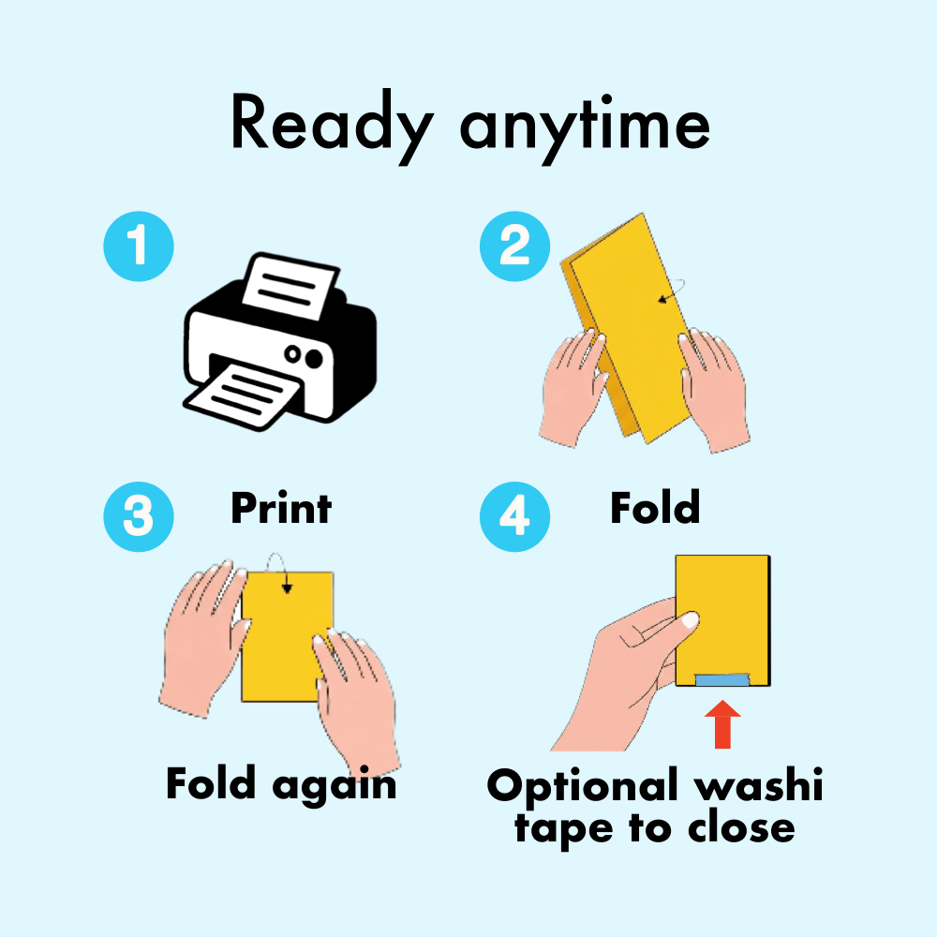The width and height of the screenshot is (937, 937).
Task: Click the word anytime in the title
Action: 585,128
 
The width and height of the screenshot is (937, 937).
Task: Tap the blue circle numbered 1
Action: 139,246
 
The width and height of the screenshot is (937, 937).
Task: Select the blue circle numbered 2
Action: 514,246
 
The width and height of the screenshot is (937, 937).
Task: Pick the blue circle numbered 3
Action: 139,517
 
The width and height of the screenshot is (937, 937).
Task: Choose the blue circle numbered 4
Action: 514,517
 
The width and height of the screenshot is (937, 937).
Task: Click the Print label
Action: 281,508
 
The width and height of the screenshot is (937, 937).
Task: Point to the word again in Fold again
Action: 335,786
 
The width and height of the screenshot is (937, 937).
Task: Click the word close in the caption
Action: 741,827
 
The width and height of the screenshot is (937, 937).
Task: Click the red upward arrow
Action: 722,724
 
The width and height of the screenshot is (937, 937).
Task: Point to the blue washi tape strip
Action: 722,679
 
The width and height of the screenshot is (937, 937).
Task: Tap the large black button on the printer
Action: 313,358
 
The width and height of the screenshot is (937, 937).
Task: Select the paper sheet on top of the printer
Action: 290,286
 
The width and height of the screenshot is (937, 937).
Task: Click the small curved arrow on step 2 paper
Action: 672,290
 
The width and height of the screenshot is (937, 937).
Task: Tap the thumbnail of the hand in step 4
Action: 690,619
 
